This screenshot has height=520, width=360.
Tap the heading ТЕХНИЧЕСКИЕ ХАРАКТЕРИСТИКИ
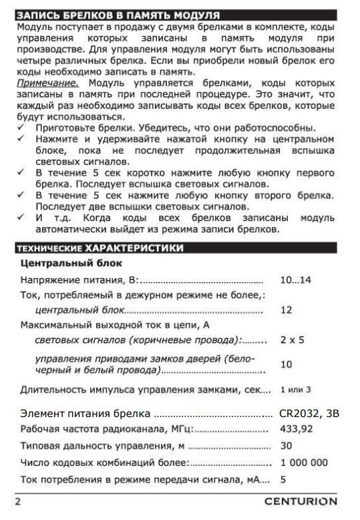[100, 249]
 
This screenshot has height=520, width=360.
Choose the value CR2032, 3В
[309, 413]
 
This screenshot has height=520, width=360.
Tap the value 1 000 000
[304, 462]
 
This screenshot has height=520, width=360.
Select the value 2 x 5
[292, 340]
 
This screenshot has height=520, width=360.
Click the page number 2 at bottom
[19, 501]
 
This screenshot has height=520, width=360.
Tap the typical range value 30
[287, 445]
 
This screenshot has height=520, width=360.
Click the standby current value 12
[287, 310]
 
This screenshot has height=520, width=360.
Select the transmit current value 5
[283, 479]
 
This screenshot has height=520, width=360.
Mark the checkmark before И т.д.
[21, 218]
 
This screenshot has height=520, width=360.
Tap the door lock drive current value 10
[287, 364]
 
